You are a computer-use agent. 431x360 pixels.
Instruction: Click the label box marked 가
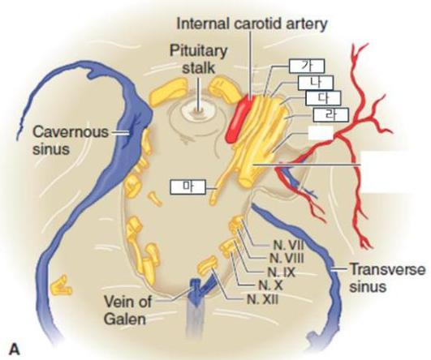coord(307,66)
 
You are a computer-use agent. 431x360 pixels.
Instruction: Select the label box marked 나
coord(316,83)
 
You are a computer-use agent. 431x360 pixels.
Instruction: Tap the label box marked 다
coord(323,98)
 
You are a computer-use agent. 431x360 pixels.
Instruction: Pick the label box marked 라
coord(331,115)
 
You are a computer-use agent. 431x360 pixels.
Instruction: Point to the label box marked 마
coord(188,187)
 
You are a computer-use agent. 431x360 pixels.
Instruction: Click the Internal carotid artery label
coord(252,24)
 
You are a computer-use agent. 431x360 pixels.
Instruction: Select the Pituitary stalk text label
coord(199,59)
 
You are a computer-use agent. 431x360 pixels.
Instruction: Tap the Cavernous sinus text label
coord(71,140)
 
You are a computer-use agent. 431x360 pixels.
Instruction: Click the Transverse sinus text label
coord(387,277)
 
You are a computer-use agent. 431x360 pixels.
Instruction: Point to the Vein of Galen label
coord(127,311)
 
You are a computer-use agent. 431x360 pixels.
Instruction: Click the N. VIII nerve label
coord(287,258)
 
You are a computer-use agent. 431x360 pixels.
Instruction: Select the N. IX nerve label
coord(281,272)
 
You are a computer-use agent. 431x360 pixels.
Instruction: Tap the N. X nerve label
coord(270,285)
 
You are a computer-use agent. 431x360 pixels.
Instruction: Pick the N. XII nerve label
coord(262,299)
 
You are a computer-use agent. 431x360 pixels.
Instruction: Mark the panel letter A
coord(15,349)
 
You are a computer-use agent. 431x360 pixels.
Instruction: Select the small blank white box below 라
coord(321,133)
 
